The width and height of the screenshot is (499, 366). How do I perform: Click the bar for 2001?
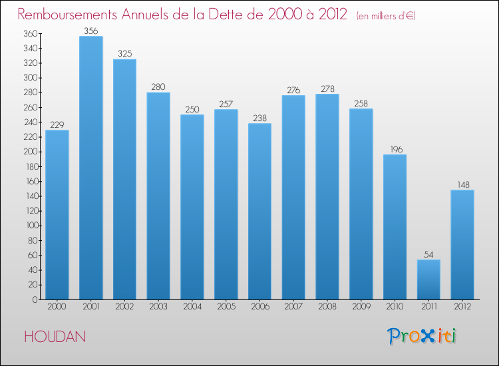pyautogui.click(x=90, y=168)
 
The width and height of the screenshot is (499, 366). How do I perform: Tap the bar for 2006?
pyautogui.click(x=259, y=212)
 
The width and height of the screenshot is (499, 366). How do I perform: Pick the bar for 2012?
pyautogui.click(x=462, y=245)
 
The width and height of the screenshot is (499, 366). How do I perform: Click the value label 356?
pyautogui.click(x=90, y=31)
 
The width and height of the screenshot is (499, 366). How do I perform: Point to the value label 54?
pyautogui.click(x=428, y=254)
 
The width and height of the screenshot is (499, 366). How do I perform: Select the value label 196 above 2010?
pyautogui.click(x=395, y=149)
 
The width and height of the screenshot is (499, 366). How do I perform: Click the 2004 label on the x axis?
pyautogui.click(x=192, y=307)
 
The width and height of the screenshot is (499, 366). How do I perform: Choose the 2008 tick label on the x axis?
pyautogui.click(x=327, y=307)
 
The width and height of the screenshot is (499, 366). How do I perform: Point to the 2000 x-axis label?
pyautogui.click(x=57, y=307)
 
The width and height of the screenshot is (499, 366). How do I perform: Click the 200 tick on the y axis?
pyautogui.click(x=30, y=152)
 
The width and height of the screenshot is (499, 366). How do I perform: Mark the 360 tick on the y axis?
pyautogui.click(x=30, y=33)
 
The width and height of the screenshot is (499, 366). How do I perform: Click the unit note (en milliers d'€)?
pyautogui.click(x=377, y=15)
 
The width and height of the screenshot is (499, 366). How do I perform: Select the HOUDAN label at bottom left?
pyautogui.click(x=55, y=337)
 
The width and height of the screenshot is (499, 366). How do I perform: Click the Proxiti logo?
pyautogui.click(x=422, y=336)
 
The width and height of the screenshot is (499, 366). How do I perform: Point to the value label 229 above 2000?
pyautogui.click(x=57, y=124)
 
